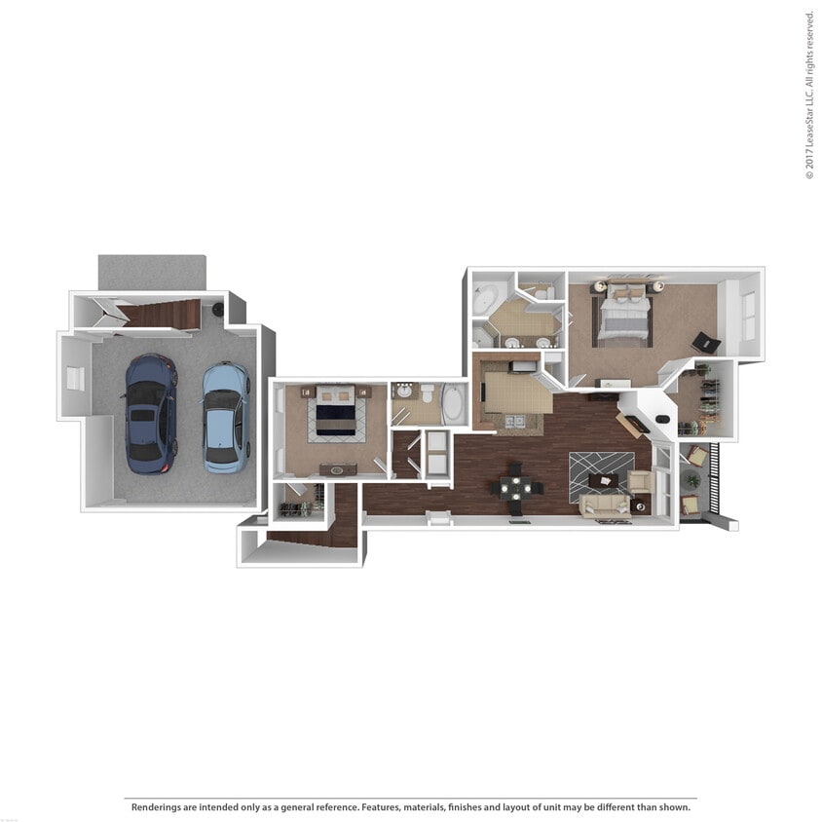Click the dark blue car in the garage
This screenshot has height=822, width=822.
[x=151, y=413]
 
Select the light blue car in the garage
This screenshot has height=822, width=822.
[x=226, y=417]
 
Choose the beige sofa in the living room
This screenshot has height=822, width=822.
[x=605, y=504]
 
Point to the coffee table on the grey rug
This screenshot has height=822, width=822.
[x=603, y=480]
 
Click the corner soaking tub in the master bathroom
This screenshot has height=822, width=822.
[x=485, y=298]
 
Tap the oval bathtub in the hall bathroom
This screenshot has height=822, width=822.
[x=454, y=404]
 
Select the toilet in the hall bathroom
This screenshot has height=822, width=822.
[x=427, y=393]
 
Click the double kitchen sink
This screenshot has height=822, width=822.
[x=514, y=421]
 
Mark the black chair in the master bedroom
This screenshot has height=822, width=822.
[x=706, y=343]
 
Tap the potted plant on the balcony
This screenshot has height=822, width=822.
[x=692, y=479]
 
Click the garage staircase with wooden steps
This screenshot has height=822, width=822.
[x=162, y=314]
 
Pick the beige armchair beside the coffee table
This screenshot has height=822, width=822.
[x=640, y=480]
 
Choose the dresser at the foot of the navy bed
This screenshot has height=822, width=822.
[x=338, y=469]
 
